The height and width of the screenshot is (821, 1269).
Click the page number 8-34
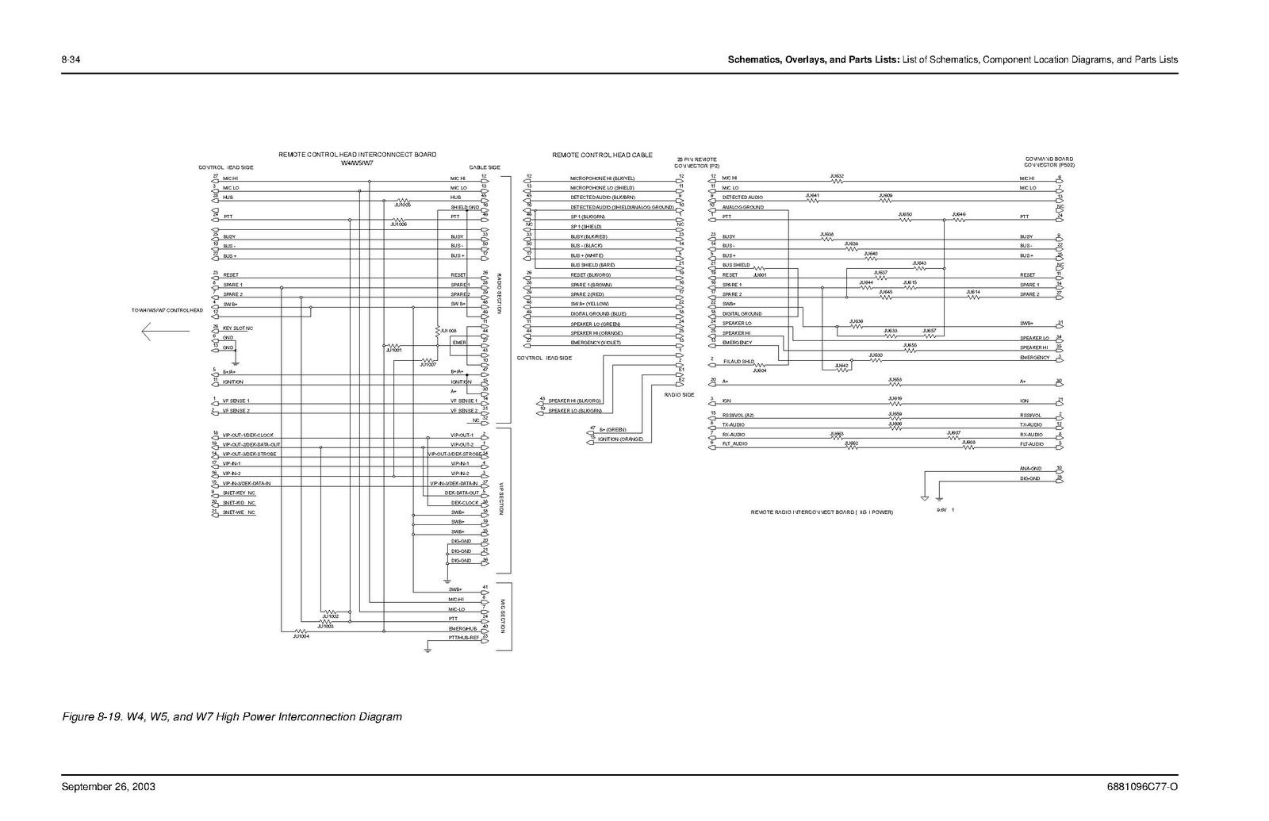tap(70, 59)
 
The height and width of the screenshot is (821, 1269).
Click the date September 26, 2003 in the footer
tap(108, 787)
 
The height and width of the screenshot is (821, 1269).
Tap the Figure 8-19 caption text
tap(232, 717)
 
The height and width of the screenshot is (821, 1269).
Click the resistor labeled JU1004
tap(301, 631)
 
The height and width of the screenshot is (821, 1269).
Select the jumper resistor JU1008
tap(437, 330)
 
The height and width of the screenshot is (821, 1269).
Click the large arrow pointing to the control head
tap(164, 333)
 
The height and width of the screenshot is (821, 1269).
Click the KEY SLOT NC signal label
tap(238, 328)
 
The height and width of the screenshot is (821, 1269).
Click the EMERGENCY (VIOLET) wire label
tap(595, 343)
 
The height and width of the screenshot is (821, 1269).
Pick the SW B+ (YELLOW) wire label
tap(589, 304)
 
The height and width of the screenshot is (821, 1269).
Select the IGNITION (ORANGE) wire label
tap(620, 439)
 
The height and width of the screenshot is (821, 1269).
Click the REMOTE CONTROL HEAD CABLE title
tap(602, 155)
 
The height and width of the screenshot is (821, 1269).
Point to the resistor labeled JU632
tap(836, 180)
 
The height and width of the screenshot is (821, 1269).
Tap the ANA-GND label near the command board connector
tap(1031, 469)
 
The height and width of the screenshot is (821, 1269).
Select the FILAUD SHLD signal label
tap(738, 361)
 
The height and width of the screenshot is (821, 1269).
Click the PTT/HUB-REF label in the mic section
tap(464, 637)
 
